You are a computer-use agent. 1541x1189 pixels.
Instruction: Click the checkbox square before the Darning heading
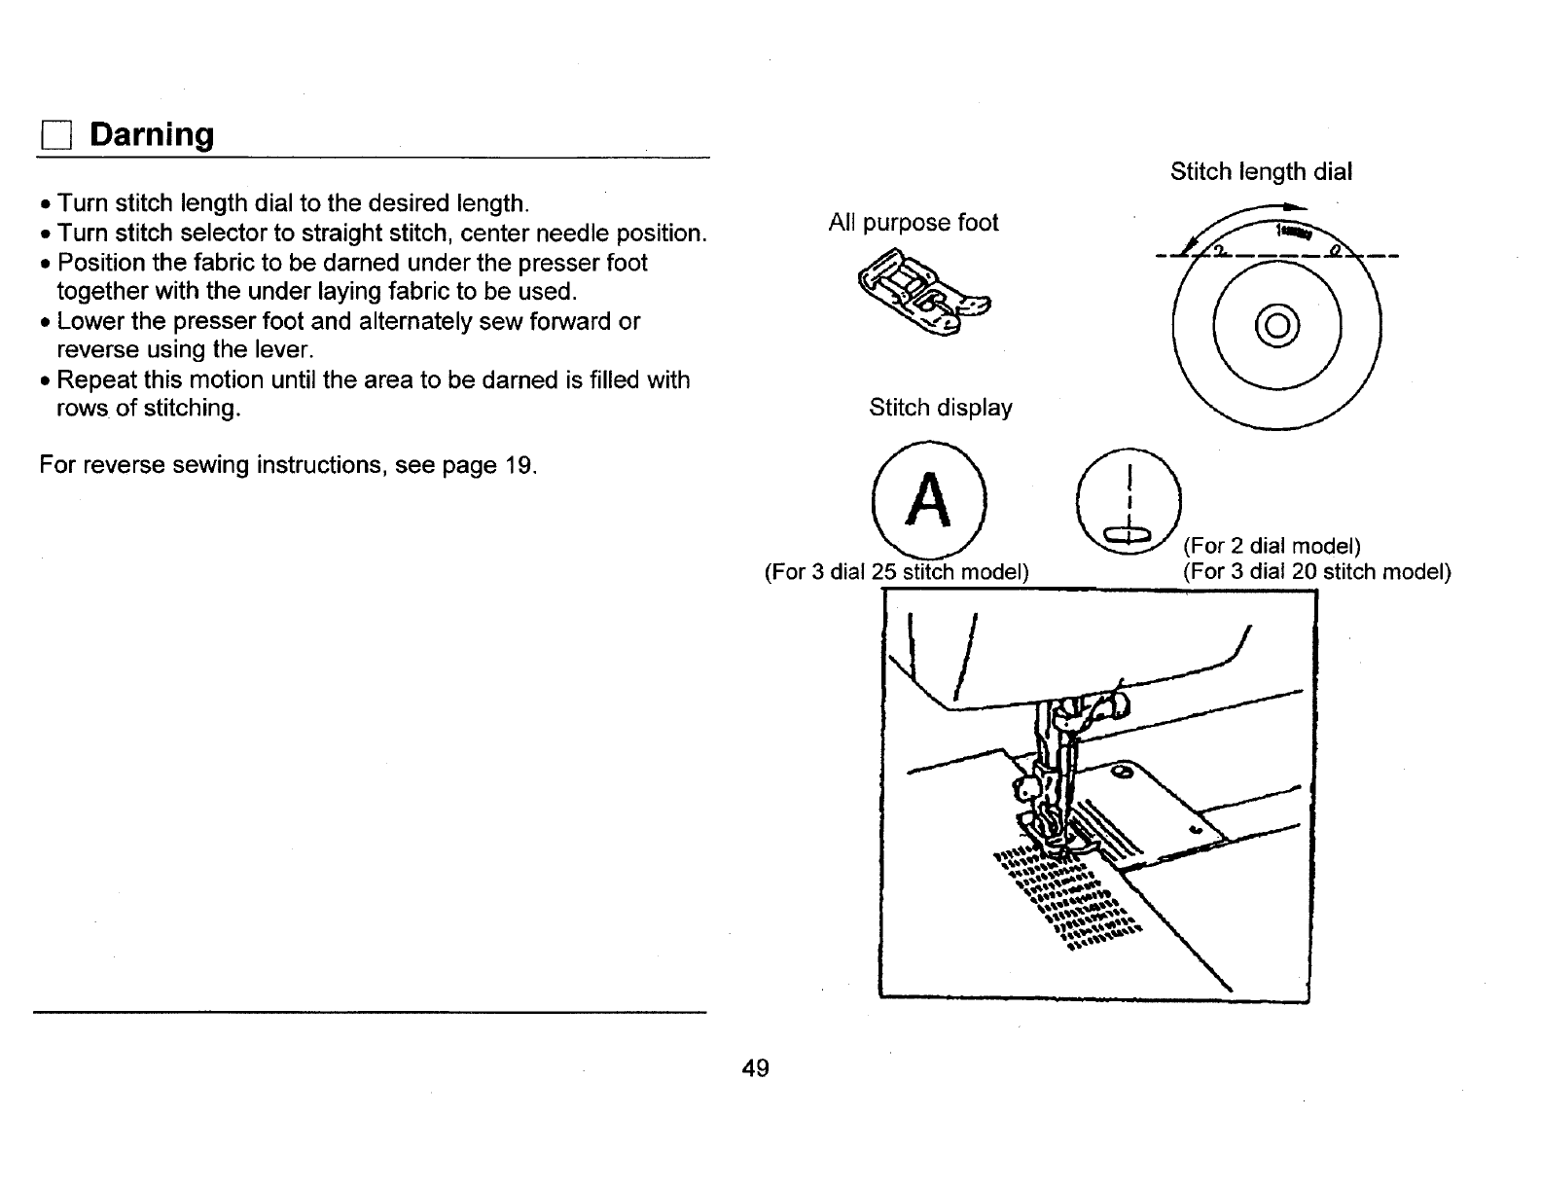coord(54,136)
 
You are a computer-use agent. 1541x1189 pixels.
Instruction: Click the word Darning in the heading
coord(152,134)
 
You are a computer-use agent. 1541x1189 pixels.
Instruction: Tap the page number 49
coord(755,1068)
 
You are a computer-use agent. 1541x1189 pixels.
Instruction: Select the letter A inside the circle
coord(930,501)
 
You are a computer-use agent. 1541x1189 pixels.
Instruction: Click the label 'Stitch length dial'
coord(1261,172)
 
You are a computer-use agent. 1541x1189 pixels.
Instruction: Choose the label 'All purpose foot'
coord(913,223)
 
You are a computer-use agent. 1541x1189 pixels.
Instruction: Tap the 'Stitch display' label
coord(940,408)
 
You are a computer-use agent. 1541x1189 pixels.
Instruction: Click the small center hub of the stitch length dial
coord(1276,324)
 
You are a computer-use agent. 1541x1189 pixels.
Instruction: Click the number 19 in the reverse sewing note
coord(516,465)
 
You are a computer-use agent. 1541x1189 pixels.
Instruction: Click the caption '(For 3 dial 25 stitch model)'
coord(897,571)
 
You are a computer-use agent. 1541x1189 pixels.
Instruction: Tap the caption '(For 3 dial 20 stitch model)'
coord(1316,571)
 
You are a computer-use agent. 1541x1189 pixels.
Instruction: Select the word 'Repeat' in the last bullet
coord(93,379)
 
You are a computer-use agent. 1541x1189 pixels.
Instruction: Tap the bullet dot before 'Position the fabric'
coord(46,264)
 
